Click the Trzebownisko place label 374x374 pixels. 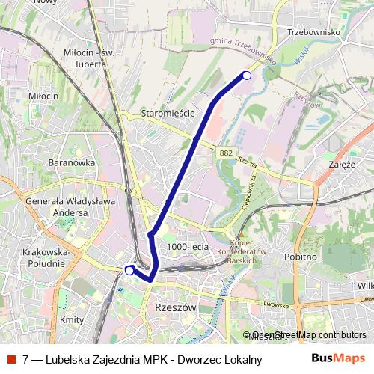point(314,32)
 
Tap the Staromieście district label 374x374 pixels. point(168,114)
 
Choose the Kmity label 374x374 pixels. point(71,319)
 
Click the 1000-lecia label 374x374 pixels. point(188,246)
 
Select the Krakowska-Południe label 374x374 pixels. point(50,258)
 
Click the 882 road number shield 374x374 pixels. point(227,153)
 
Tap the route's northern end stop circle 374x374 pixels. point(247,74)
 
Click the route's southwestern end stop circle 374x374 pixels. point(129,270)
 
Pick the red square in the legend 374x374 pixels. point(11,358)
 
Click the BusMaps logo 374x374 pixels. point(338,358)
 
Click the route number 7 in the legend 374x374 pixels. point(26,358)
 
